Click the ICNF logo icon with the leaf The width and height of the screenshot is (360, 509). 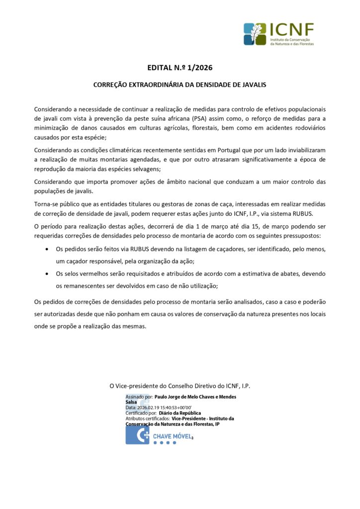click(x=255, y=34)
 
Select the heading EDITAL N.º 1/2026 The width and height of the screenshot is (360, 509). click(x=180, y=68)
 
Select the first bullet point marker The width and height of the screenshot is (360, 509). click(x=47, y=249)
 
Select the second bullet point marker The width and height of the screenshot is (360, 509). click(x=47, y=274)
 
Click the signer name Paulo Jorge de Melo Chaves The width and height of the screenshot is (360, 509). click(x=195, y=397)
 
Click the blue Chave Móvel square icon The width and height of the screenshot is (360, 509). click(x=137, y=435)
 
